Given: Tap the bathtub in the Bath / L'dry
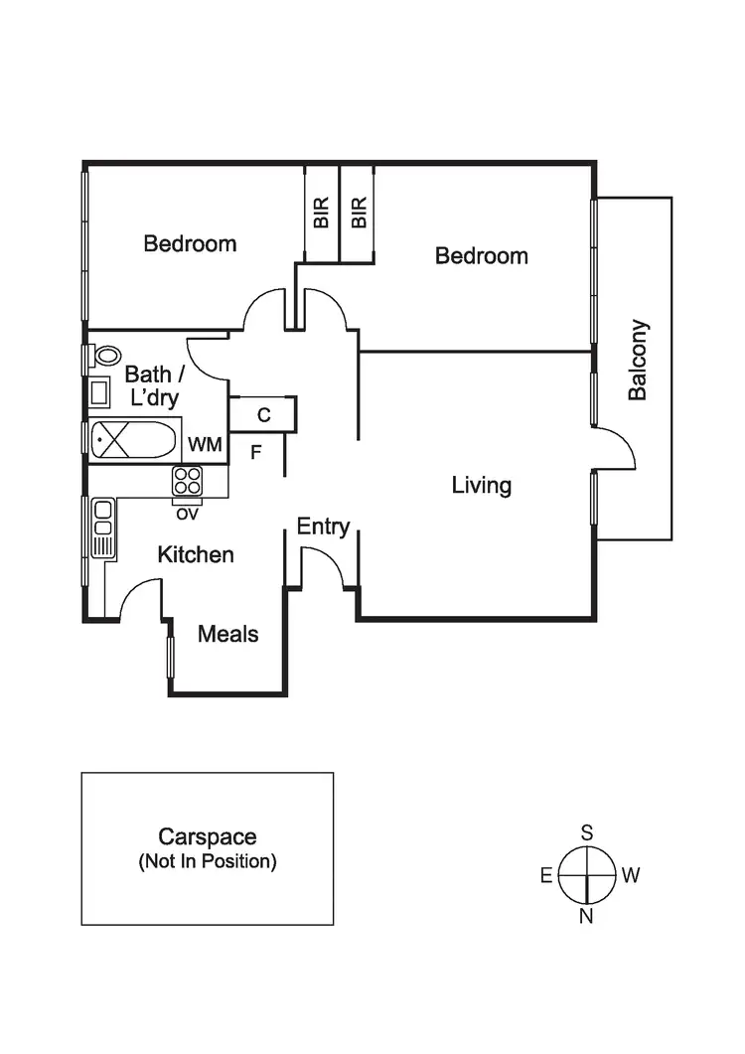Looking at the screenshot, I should [133, 438].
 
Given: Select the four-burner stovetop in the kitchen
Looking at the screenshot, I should [187, 481].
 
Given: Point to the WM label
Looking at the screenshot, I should [205, 443].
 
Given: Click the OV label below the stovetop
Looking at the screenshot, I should [186, 514].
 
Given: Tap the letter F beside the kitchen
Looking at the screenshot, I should [255, 453].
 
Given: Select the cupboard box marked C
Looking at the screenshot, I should [263, 415].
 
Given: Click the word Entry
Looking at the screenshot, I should [323, 527].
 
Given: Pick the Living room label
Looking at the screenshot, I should [481, 486].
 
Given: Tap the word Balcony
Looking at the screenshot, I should [638, 360].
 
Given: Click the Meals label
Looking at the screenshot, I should [227, 634].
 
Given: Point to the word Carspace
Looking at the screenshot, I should [207, 837].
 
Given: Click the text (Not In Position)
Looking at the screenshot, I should [207, 861].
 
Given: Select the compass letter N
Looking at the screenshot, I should [586, 916].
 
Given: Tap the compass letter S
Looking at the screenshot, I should [587, 831].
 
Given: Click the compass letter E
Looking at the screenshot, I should [545, 875].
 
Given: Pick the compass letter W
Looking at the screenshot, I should [631, 875].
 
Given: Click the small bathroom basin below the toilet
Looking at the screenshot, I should [100, 392].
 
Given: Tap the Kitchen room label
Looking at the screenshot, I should [196, 554].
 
